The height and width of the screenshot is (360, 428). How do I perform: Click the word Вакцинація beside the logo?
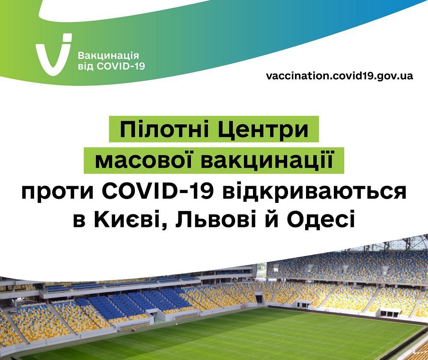pyautogui.click(x=108, y=56)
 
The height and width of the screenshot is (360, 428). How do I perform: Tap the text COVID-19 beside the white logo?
pyautogui.click(x=121, y=66)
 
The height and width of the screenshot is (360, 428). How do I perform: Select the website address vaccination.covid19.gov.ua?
pyautogui.click(x=339, y=76)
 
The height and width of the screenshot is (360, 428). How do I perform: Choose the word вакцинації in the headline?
pyautogui.click(x=267, y=160)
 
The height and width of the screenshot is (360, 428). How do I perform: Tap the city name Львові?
pyautogui.click(x=216, y=219)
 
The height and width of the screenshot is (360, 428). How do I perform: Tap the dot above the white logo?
pyautogui.click(x=67, y=38)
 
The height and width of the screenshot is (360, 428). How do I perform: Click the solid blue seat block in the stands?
pyautogui.click(x=137, y=302)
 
